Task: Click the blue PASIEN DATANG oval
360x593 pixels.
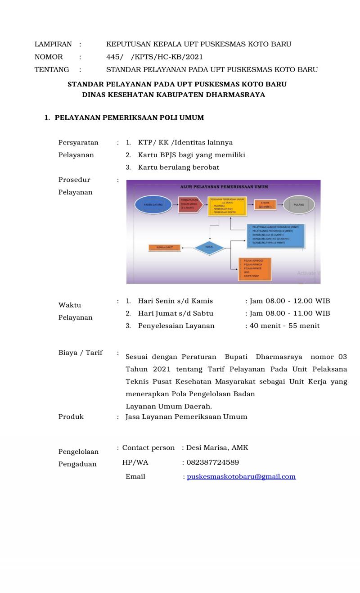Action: pos(153,204)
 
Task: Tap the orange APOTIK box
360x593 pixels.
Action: pos(265,205)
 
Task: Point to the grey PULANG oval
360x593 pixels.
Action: pos(298,204)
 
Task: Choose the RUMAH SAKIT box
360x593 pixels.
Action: pos(164,247)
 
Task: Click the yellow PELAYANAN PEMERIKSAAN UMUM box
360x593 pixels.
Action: pos(226,206)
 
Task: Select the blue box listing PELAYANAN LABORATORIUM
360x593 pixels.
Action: pos(276,235)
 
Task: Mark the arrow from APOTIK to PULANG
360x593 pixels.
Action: pos(282,204)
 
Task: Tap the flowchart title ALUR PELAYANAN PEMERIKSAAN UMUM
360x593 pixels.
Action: pos(223,187)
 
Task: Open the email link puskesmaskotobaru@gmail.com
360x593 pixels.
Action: pos(241,476)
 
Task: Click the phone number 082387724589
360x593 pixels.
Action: pos(212,462)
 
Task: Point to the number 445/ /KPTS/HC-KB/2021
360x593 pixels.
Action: pos(154,57)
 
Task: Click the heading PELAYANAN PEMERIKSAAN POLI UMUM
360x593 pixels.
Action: pos(129,118)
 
